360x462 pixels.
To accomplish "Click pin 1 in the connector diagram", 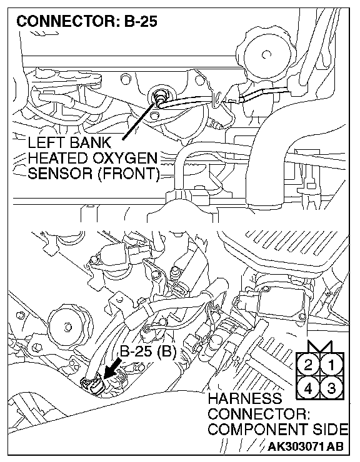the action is [x=331, y=365].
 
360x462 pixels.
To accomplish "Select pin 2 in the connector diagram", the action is [x=308, y=365].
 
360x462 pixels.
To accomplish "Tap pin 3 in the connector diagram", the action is [x=331, y=388].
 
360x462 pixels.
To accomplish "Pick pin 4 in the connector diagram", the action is [x=308, y=388].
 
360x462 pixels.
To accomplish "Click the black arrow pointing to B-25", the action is [x=113, y=368].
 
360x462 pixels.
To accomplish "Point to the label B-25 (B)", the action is [x=148, y=351].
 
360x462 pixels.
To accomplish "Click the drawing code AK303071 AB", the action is [x=306, y=446].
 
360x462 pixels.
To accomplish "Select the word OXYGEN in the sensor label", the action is [x=125, y=158].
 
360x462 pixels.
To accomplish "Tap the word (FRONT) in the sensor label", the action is [x=128, y=174].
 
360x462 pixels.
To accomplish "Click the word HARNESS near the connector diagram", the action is [x=244, y=399].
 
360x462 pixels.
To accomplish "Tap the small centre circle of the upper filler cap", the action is [x=266, y=54].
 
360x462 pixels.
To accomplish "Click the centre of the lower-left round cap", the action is [x=69, y=327].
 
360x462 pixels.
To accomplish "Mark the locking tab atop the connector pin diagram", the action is [x=320, y=346].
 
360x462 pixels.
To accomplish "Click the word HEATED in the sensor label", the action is [x=59, y=158].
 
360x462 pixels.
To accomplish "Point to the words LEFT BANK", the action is [x=69, y=143].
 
